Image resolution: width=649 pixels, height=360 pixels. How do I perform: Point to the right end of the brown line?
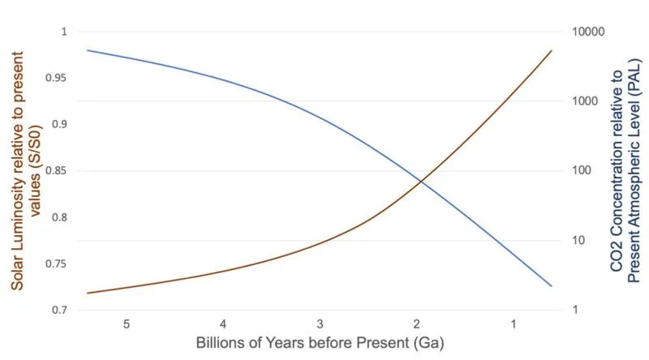(552, 50)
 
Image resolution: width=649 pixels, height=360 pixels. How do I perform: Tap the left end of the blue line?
(87, 50)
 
